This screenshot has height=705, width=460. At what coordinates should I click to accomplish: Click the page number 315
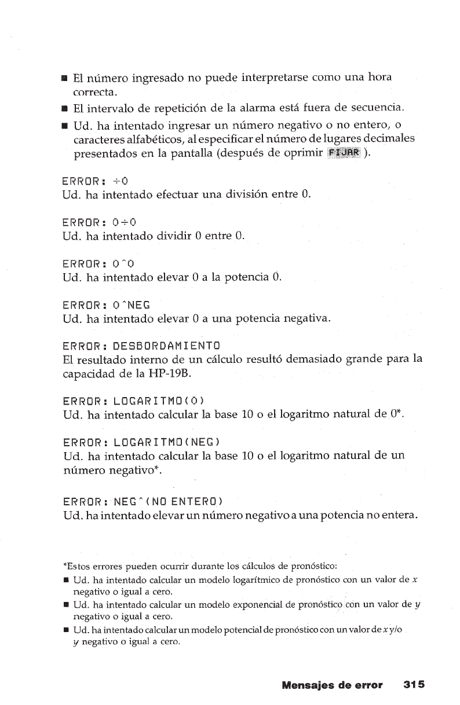414,685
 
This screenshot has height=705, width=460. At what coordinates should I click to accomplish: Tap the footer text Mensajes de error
332,685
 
